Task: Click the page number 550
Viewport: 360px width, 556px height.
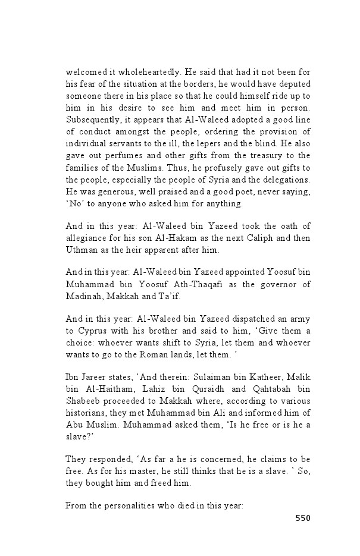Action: (x=303, y=518)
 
